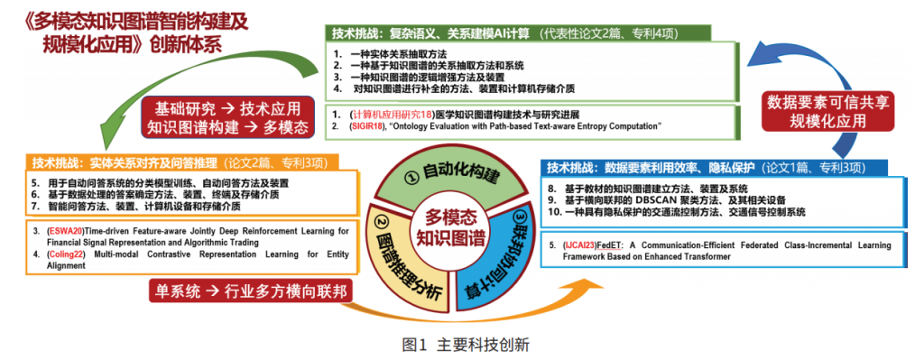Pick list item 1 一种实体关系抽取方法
pos(405,55)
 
